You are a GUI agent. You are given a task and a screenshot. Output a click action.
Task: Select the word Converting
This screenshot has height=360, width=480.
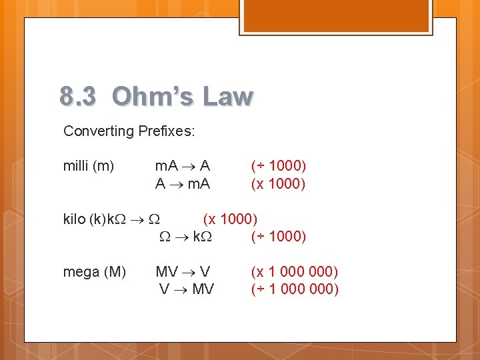click(99, 131)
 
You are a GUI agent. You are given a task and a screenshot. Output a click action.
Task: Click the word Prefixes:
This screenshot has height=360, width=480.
click(167, 131)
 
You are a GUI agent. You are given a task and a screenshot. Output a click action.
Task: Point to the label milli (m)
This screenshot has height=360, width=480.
click(89, 165)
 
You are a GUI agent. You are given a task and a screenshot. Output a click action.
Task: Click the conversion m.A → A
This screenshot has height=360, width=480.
click(182, 165)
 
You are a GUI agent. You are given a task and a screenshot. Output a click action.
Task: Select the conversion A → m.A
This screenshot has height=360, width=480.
click(182, 183)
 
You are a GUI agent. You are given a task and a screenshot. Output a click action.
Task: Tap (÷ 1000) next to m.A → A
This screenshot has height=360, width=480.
click(278, 165)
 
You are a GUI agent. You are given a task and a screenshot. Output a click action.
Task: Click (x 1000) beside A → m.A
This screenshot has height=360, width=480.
click(278, 183)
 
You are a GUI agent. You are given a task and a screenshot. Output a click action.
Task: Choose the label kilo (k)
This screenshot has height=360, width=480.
click(85, 219)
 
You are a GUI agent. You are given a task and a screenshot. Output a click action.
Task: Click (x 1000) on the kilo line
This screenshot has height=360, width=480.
click(230, 219)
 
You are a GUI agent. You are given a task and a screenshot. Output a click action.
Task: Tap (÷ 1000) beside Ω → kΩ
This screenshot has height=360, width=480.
click(278, 237)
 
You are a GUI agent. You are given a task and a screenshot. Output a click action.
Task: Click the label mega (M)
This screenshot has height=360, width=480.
click(94, 271)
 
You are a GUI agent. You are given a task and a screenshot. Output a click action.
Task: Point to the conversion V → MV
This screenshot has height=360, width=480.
click(186, 289)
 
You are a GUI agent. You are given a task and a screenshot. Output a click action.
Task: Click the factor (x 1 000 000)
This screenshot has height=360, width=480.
click(294, 271)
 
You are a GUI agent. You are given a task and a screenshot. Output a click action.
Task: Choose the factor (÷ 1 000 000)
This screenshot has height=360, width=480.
click(294, 289)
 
